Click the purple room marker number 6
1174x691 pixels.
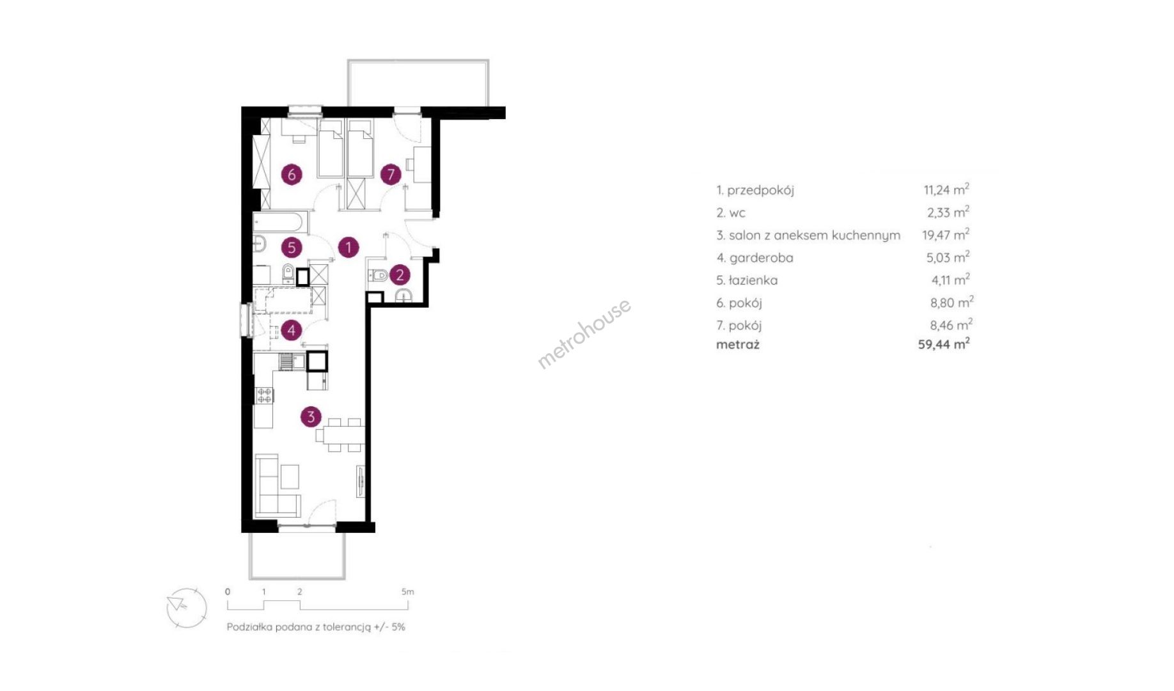[x=292, y=174]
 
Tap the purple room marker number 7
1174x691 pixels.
[x=391, y=174]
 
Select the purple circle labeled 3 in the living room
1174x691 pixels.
[x=311, y=417]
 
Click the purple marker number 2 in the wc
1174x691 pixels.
[x=400, y=275]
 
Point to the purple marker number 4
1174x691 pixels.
[x=292, y=330]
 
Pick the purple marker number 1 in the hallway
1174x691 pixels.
[x=348, y=247]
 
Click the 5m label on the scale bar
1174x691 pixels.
[x=407, y=592]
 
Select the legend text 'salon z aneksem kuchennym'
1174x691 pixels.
[x=815, y=235]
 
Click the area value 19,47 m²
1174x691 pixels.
[x=946, y=235]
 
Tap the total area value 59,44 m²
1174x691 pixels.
[x=944, y=344]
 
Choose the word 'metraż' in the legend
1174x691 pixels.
[x=738, y=345]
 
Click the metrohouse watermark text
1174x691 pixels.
[x=584, y=333]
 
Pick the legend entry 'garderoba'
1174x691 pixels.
[x=761, y=258]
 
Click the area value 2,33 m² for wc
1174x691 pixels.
[x=948, y=212]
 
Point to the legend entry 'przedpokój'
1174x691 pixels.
[x=760, y=191]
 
